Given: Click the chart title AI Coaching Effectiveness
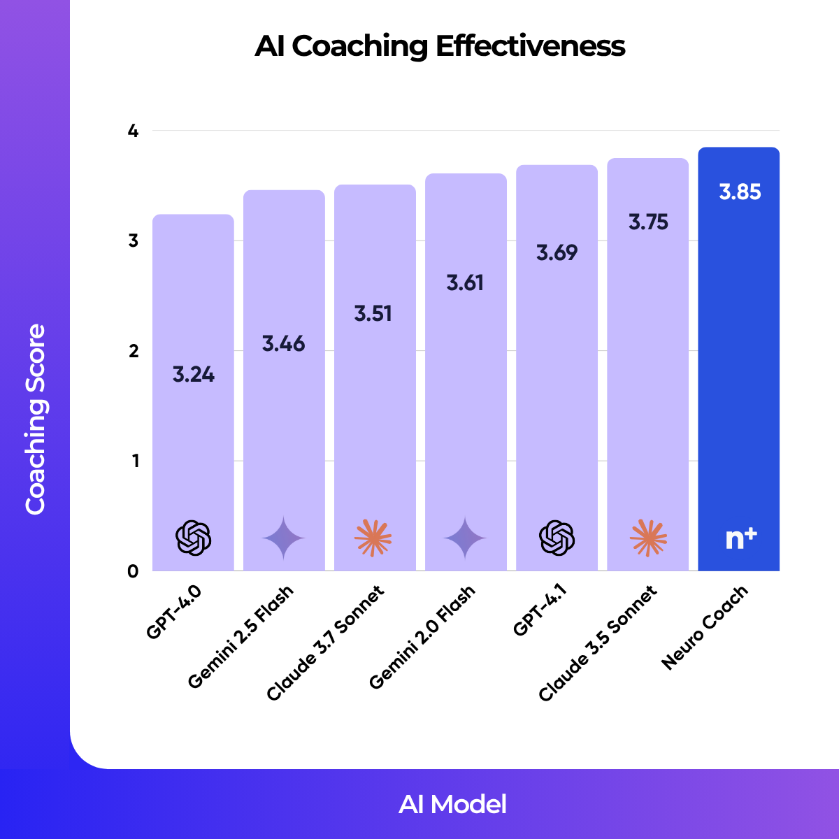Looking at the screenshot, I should coord(440,47).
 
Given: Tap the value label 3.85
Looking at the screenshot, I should coord(740,192).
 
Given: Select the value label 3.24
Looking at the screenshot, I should coord(194,375).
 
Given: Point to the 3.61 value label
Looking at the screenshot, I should coord(465,283).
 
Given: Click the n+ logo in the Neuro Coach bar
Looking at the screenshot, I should coord(740,538).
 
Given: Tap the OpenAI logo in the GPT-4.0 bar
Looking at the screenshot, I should coord(193,538).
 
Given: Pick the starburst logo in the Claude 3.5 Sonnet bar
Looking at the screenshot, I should coord(648,538).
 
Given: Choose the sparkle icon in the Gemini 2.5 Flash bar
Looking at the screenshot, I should coord(284,538).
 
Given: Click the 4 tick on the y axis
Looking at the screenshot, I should coord(133,131).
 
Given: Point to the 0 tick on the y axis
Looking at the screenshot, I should coord(133,571).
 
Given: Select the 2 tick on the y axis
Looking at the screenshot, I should coord(133,351).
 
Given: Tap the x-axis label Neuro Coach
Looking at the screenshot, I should coord(705,628).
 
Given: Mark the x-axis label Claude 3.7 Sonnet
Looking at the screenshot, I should coord(326,644).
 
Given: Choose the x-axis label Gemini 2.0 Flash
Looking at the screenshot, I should coord(422,637).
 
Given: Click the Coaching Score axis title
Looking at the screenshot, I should coord(35,419).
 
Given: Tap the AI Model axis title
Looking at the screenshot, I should coord(452,804).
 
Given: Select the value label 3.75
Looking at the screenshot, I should coord(648,222).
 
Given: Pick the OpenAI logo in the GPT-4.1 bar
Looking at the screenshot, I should coord(557,538).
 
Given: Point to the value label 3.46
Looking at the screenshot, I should coord(284,344).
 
